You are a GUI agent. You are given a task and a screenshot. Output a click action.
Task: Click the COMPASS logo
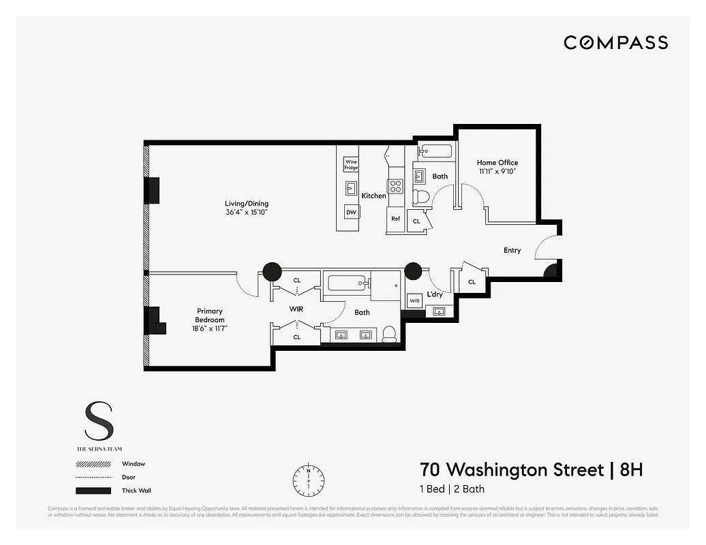coord(615,43)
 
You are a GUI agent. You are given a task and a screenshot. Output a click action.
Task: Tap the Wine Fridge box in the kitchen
coord(351,164)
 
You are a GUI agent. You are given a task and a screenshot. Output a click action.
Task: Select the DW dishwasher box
coord(352,212)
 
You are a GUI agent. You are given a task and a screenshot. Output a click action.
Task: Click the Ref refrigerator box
coord(395,219)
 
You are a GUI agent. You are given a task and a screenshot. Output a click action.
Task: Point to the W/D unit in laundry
coord(414,300)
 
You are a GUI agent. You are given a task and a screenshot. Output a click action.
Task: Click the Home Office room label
coord(497,163)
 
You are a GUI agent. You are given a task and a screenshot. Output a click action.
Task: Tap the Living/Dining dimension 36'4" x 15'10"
coord(247,213)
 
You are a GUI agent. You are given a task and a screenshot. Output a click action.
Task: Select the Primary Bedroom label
coord(209,315)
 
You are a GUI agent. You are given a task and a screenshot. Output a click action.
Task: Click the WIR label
coord(296,309)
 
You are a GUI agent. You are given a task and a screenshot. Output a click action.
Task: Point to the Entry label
coord(512,251)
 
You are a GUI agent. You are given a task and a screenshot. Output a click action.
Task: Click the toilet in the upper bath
coord(422,198)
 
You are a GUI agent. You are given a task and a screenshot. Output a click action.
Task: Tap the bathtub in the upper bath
coord(434,151)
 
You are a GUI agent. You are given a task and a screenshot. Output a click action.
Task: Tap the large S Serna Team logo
coord(99,422)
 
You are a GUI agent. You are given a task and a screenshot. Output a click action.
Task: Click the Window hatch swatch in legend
coord(93,464)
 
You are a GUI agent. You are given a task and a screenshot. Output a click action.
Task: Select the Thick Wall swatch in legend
coord(93,490)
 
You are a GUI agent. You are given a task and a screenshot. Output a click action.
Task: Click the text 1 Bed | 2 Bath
coord(452,488)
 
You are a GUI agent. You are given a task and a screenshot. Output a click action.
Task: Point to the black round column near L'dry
coord(413,271)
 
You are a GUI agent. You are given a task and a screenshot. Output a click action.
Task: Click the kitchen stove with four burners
coord(395,186)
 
